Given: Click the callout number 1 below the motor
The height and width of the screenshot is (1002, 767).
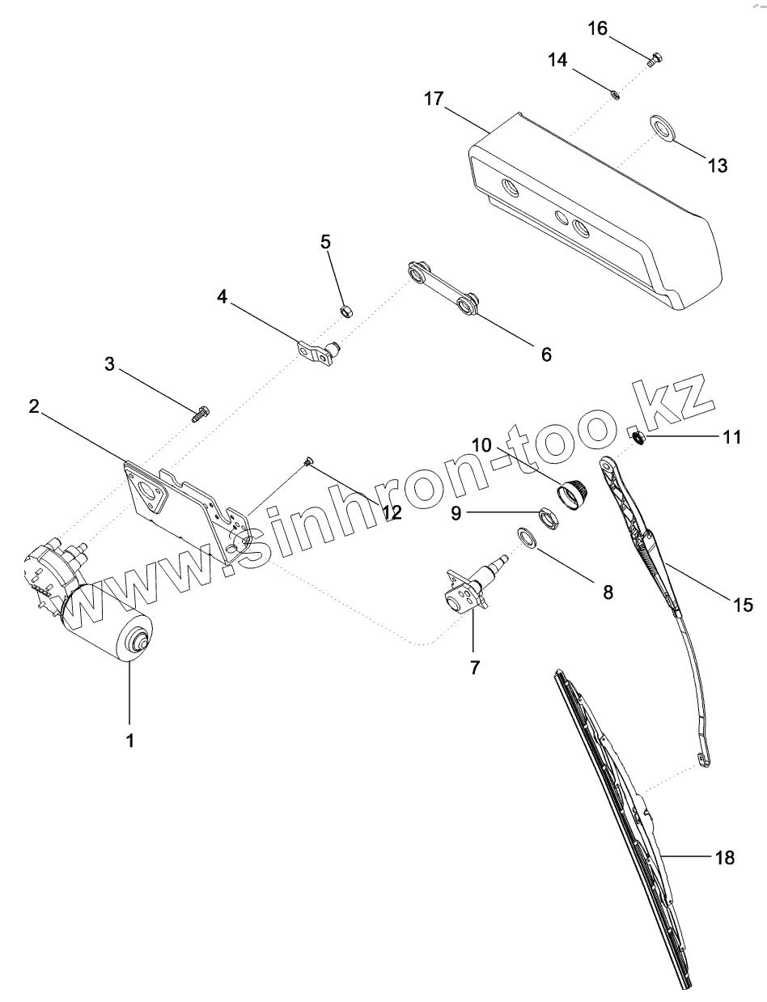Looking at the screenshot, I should pyautogui.click(x=130, y=739).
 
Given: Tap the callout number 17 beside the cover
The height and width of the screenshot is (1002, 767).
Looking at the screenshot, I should pyautogui.click(x=434, y=100).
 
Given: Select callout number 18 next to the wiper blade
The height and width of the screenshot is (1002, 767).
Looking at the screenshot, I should pyautogui.click(x=724, y=858).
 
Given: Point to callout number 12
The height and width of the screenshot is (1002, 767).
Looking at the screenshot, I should pyautogui.click(x=392, y=512).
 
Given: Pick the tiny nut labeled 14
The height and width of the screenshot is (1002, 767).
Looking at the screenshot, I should pyautogui.click(x=615, y=95).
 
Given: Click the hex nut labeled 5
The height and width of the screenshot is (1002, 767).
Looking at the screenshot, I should pyautogui.click(x=344, y=310).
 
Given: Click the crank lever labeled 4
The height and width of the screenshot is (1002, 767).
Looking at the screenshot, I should pyautogui.click(x=318, y=353).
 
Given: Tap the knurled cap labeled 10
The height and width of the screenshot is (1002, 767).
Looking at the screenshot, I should pyautogui.click(x=574, y=491).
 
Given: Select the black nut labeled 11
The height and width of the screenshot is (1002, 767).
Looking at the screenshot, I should pyautogui.click(x=638, y=438).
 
